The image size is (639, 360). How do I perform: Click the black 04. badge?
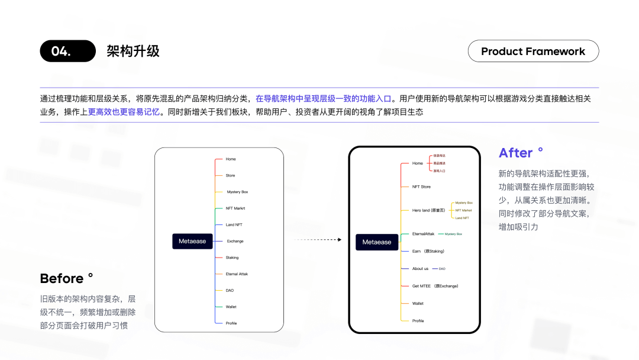[x=67, y=51]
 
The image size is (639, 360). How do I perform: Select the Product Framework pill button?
[x=533, y=51]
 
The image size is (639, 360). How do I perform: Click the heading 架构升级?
[x=133, y=51]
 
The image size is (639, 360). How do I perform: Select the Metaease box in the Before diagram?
[x=192, y=241]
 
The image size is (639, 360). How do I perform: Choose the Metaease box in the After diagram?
[x=377, y=242]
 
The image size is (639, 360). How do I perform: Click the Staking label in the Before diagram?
[x=232, y=258]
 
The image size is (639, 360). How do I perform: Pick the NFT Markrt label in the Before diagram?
[x=235, y=208]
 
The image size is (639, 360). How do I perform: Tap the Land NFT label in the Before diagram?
[x=234, y=225]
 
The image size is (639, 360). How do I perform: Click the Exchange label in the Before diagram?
[x=235, y=241]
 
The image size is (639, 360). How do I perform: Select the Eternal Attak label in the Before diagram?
[x=237, y=274]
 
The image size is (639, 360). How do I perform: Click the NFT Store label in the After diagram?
[x=421, y=187]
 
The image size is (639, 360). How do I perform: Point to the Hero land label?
[x=428, y=210]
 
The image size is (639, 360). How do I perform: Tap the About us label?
[x=420, y=269]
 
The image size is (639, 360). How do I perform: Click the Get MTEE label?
[x=435, y=286]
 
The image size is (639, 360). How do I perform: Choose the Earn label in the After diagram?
[x=428, y=251]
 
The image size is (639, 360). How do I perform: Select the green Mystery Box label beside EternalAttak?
[x=453, y=234]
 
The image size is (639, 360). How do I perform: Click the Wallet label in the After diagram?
[x=418, y=303]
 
